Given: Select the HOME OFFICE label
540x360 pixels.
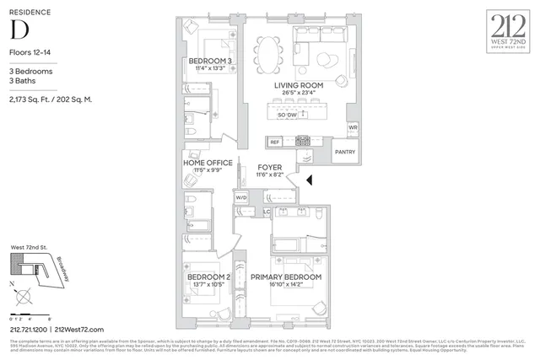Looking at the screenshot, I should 208,163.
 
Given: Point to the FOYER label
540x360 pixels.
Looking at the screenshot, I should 269,169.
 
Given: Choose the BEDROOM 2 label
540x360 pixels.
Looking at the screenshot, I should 208,277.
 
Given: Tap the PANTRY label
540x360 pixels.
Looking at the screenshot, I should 345,152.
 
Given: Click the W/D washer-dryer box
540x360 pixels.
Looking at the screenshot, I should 241,197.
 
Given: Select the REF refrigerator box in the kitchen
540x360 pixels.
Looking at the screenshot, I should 275,142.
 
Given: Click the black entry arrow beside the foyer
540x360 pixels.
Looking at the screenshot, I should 309,180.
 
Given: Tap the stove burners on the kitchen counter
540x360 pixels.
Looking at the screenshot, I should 303,141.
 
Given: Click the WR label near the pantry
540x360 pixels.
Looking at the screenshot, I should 353,127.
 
